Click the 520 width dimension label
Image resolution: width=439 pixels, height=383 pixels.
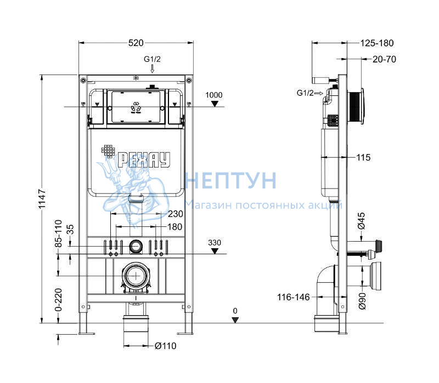[136, 43]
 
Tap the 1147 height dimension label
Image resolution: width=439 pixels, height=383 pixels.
[42, 199]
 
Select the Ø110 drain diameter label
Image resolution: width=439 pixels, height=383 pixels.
[166, 346]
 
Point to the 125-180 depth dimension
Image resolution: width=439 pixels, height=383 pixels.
[377, 43]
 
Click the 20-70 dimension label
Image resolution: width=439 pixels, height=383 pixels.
[384, 59]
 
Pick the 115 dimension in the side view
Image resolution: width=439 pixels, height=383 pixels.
[363, 157]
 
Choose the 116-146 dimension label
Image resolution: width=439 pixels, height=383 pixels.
[294, 297]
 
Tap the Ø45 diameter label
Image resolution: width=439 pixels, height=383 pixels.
[362, 221]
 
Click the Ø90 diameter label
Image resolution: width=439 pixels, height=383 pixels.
[362, 301]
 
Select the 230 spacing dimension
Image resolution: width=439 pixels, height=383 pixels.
[175, 214]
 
